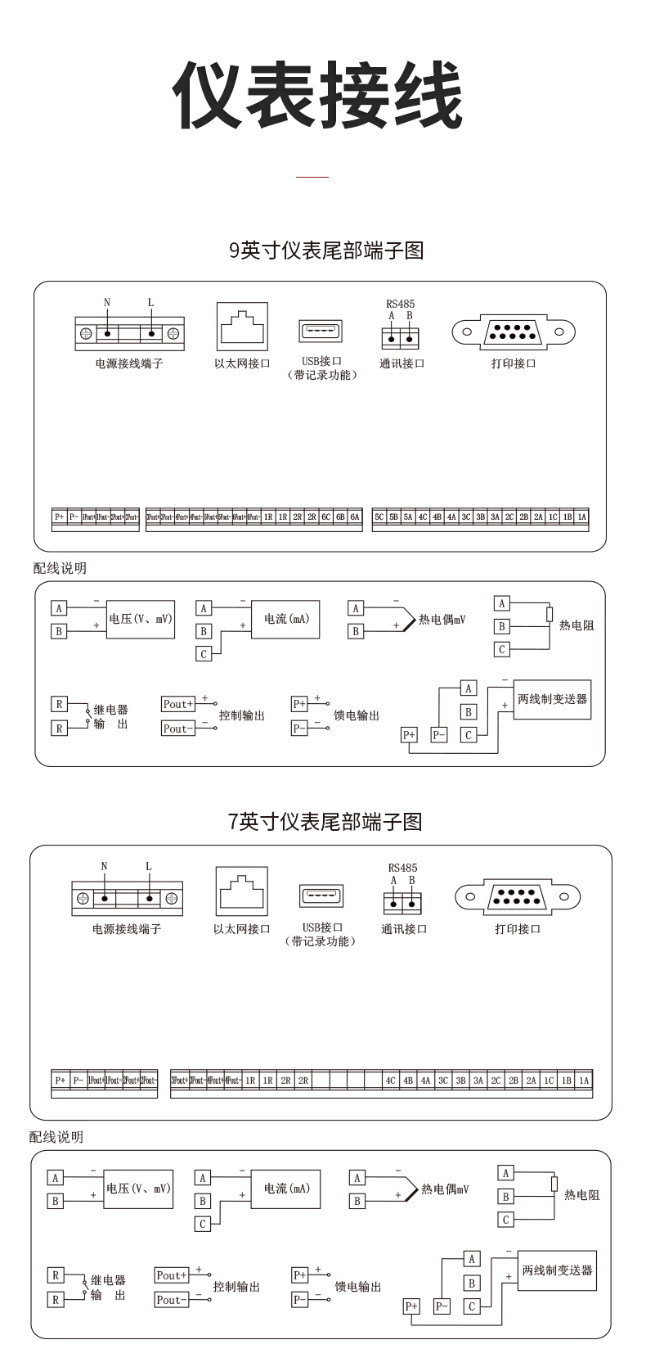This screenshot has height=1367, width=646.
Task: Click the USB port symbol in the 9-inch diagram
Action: coord(321,332)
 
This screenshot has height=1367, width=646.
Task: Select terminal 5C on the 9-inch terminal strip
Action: coord(379,517)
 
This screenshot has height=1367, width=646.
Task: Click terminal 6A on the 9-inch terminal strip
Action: coord(354,517)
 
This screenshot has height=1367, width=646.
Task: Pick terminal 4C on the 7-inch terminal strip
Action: coord(391,1081)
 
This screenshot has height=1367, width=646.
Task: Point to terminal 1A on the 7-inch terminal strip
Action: coord(584,1081)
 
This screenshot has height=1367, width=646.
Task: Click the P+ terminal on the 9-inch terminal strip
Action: coord(59,517)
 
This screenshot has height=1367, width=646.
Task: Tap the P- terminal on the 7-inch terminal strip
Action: coord(78,1081)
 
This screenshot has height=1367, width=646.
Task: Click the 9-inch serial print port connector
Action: coord(514,332)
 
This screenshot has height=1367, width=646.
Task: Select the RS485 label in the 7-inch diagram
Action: coord(402,868)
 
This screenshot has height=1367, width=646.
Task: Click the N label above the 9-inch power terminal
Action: coord(107,303)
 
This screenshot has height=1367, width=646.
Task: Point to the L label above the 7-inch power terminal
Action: coord(148,867)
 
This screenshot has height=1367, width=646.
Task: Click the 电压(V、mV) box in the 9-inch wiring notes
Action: coord(141,620)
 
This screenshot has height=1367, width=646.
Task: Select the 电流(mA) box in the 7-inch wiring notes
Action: coord(286,1189)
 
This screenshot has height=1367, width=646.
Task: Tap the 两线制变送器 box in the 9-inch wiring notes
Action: coord(553,700)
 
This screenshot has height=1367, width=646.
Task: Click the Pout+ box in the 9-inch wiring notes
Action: coord(178,704)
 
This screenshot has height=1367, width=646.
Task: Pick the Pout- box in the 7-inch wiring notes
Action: coord(172,1300)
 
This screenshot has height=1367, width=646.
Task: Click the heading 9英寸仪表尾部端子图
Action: coord(326,250)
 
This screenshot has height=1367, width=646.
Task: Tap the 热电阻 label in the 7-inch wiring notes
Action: coord(581,1195)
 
